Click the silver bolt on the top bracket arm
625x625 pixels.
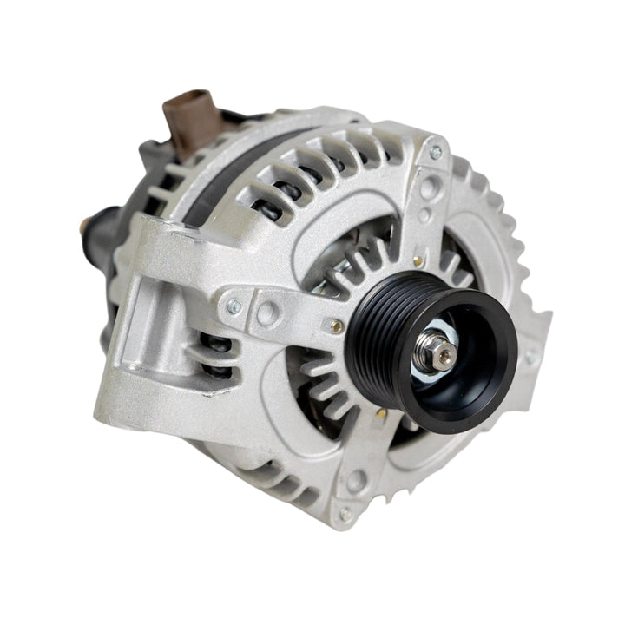[x=436, y=153]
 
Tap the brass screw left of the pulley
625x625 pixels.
[x=335, y=326]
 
